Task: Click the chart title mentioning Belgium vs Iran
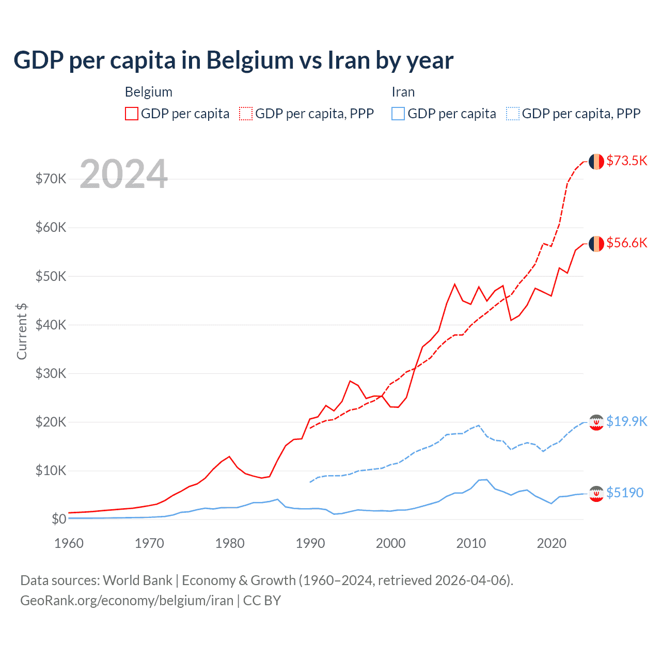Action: point(233,60)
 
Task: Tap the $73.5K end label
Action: point(626,161)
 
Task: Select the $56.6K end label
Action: point(626,243)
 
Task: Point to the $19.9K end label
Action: point(626,421)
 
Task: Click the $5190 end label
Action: point(625,493)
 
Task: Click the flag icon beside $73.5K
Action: point(596,162)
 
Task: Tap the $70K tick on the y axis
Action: point(51,179)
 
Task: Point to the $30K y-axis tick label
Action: point(51,373)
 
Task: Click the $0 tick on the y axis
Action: point(59,519)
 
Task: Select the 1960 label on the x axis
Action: point(69,543)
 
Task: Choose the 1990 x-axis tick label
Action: point(310,543)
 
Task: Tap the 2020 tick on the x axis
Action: point(552,543)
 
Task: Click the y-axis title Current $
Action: point(22,331)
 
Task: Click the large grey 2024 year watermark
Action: point(124,174)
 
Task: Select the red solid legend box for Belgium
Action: point(132,114)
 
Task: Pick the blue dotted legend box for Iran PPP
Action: point(513,114)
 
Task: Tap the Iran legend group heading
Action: point(403,92)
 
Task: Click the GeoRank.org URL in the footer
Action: point(127,601)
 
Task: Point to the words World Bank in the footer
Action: point(137,580)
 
